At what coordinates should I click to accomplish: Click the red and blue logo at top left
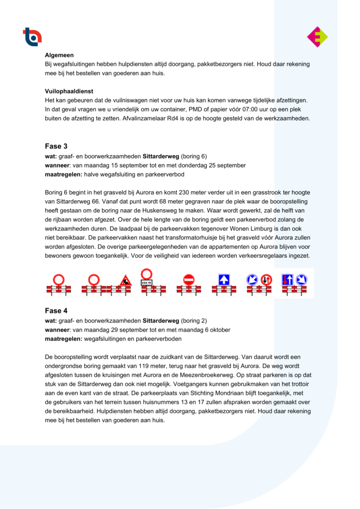click(x=32, y=37)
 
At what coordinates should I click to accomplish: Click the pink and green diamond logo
click(x=317, y=37)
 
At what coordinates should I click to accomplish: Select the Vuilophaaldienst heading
click(x=69, y=91)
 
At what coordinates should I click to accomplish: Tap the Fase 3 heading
click(x=56, y=146)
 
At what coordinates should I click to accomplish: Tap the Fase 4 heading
click(x=56, y=311)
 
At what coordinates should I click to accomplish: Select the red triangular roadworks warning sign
click(x=125, y=281)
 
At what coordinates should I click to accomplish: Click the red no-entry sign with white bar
click(x=188, y=280)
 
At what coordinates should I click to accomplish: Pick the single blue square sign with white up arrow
click(x=224, y=280)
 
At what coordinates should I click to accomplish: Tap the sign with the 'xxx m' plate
click(x=146, y=278)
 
